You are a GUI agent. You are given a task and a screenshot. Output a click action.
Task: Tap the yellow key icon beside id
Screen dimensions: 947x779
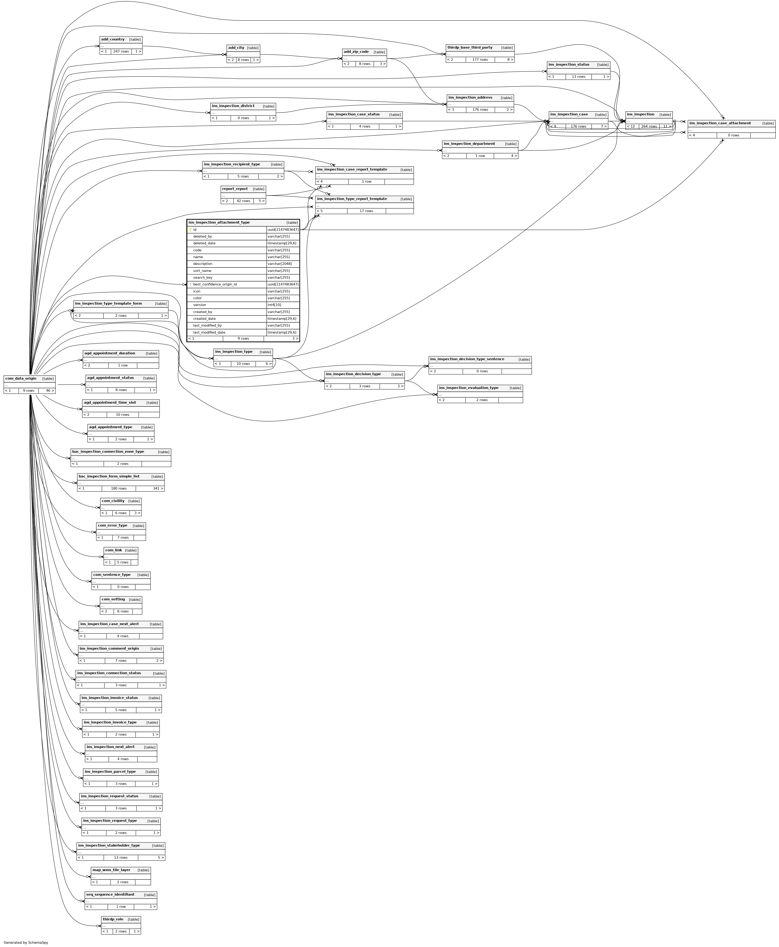coord(190,230)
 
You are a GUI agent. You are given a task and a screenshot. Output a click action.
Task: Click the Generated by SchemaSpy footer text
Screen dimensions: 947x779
coord(25,942)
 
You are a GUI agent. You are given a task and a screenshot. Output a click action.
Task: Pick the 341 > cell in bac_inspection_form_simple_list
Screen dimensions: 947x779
coord(158,488)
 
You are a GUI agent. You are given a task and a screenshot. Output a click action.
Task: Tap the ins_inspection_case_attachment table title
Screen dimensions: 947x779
coord(720,123)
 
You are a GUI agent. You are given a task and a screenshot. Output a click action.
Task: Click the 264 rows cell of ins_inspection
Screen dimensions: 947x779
coord(649,126)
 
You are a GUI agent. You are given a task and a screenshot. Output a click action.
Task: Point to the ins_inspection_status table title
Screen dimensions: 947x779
coord(569,64)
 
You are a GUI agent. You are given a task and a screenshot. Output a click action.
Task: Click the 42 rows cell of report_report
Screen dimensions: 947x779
coord(243,201)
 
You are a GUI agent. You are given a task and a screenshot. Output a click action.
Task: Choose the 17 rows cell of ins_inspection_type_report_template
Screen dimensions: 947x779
coord(366,211)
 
